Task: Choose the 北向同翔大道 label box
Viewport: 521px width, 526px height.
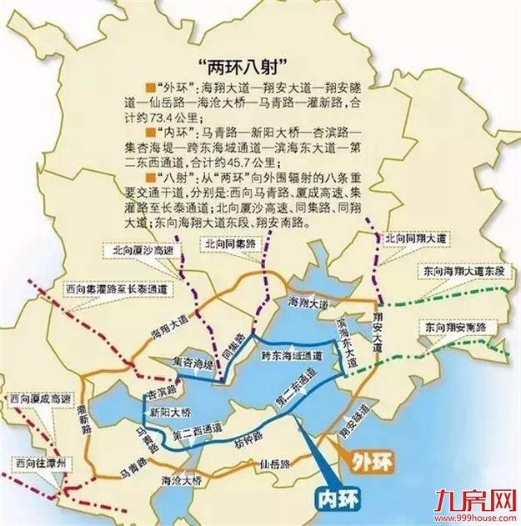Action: pos(413,238)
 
